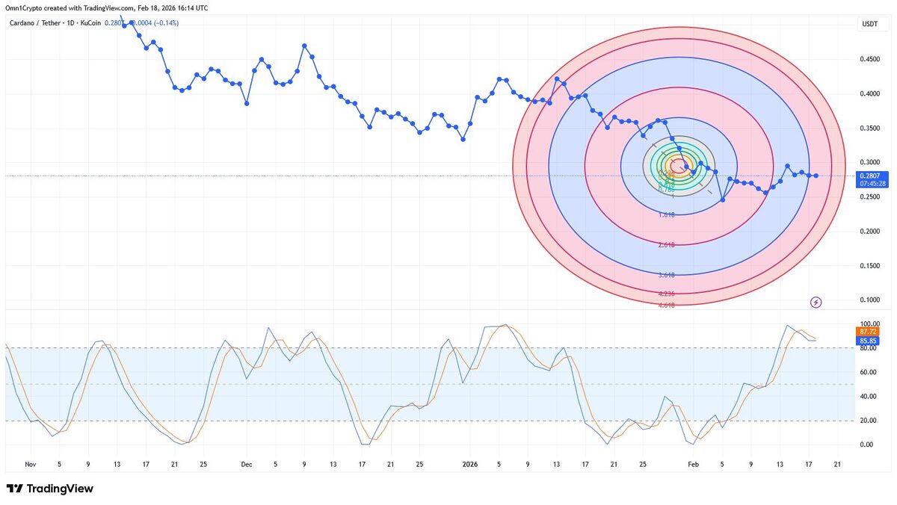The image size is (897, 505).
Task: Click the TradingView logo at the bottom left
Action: click(49, 489)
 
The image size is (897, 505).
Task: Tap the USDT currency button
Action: click(869, 24)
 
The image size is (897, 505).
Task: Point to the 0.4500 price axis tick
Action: click(869, 60)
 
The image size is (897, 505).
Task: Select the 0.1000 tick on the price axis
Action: click(869, 300)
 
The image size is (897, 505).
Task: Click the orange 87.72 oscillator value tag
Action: click(868, 331)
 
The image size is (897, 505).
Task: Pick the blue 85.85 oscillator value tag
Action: click(868, 340)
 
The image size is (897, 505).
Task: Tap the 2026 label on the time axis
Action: click(470, 464)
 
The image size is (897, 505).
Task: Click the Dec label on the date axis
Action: click(247, 464)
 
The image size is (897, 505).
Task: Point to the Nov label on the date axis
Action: click(30, 464)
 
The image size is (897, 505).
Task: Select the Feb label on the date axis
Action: click(693, 464)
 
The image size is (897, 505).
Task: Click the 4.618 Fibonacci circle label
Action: click(667, 305)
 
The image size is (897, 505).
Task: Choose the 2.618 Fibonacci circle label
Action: click(667, 245)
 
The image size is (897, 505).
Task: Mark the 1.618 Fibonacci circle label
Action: click(667, 214)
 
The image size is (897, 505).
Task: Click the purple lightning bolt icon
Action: click(816, 302)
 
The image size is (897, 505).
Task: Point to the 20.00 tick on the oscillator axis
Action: click(868, 421)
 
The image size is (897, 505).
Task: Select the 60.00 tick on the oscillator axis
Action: click(868, 372)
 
